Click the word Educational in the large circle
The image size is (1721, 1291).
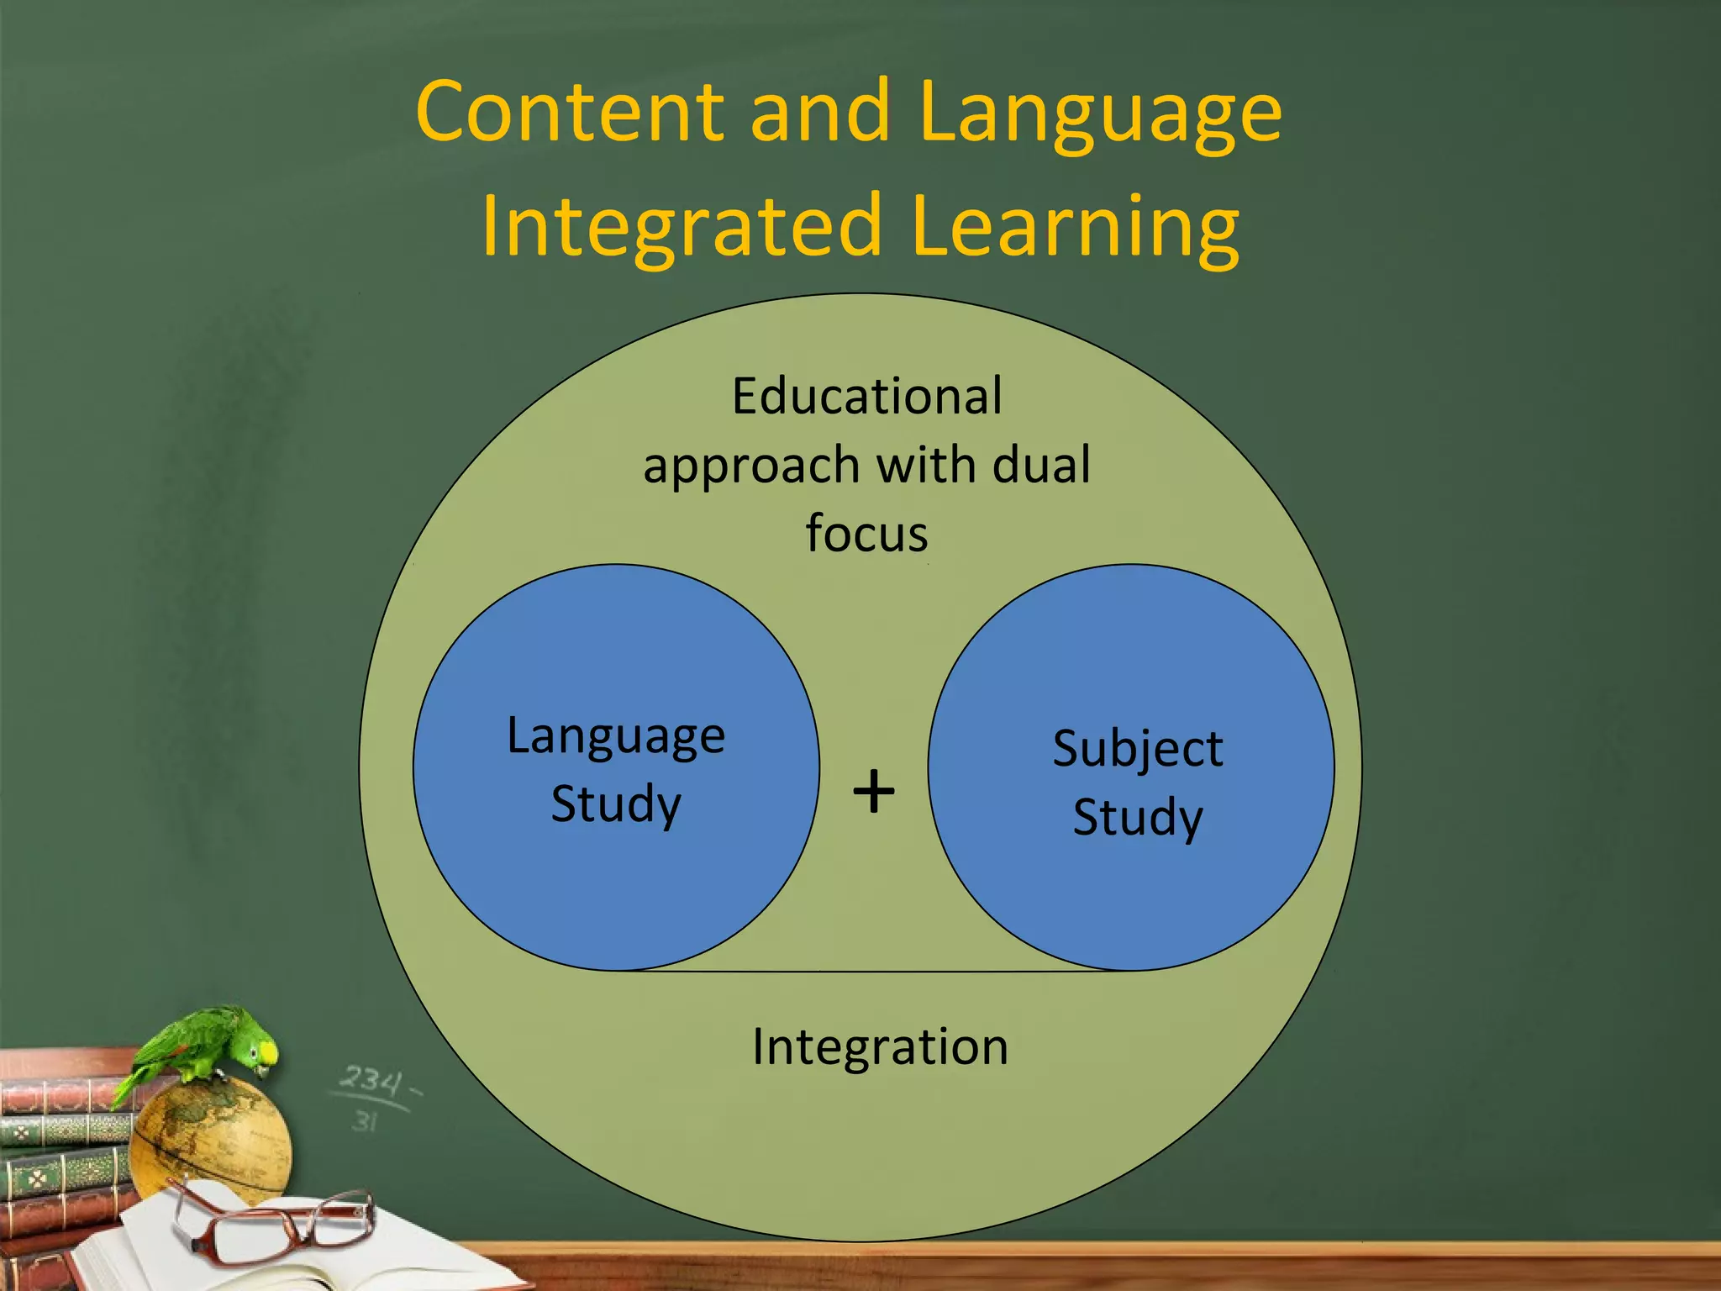[x=866, y=396]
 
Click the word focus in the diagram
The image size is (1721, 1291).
[x=866, y=534]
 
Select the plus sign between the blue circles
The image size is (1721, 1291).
[x=873, y=791]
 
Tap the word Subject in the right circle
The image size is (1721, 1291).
[x=1137, y=749]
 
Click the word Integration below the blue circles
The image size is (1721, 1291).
[x=880, y=1047]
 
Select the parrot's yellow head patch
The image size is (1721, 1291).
[x=266, y=1051]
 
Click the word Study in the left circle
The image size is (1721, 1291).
[x=616, y=804]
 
